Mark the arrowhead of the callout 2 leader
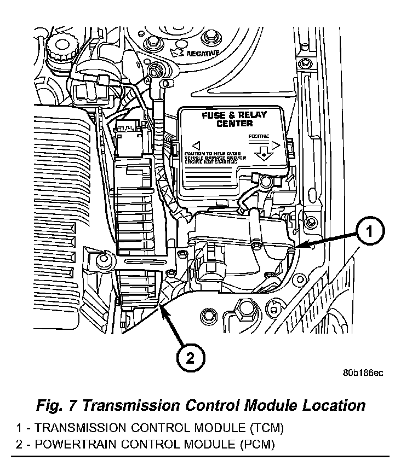click(162, 310)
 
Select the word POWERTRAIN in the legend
click(68, 444)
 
